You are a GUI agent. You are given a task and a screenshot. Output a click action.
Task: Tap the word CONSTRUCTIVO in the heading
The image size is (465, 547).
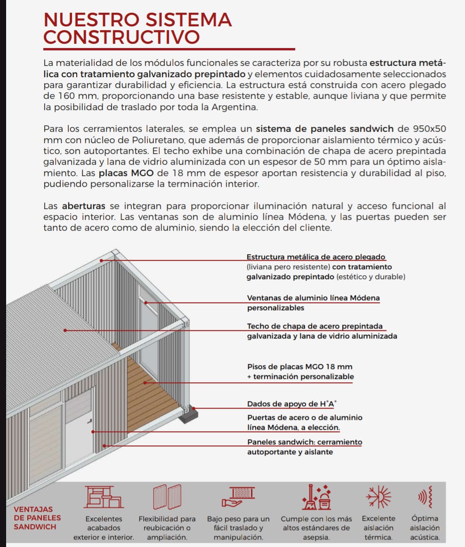point(121,37)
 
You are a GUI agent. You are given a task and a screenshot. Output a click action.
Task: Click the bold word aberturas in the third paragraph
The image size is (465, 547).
point(84,206)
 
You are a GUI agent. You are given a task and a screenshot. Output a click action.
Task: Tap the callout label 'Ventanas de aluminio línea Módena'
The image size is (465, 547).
point(313,298)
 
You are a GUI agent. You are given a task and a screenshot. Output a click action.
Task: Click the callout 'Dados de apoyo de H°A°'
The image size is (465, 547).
point(292,404)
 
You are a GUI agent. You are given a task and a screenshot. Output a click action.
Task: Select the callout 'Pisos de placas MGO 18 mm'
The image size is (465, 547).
point(300,367)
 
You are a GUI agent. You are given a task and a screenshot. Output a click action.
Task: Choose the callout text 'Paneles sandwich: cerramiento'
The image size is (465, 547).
point(305,442)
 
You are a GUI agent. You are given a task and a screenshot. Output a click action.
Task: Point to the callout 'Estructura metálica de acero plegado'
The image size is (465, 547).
point(316,257)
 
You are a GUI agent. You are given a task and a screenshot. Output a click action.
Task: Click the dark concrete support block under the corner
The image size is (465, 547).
point(190,415)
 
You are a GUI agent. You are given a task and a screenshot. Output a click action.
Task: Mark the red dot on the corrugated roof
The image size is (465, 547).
point(65,330)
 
